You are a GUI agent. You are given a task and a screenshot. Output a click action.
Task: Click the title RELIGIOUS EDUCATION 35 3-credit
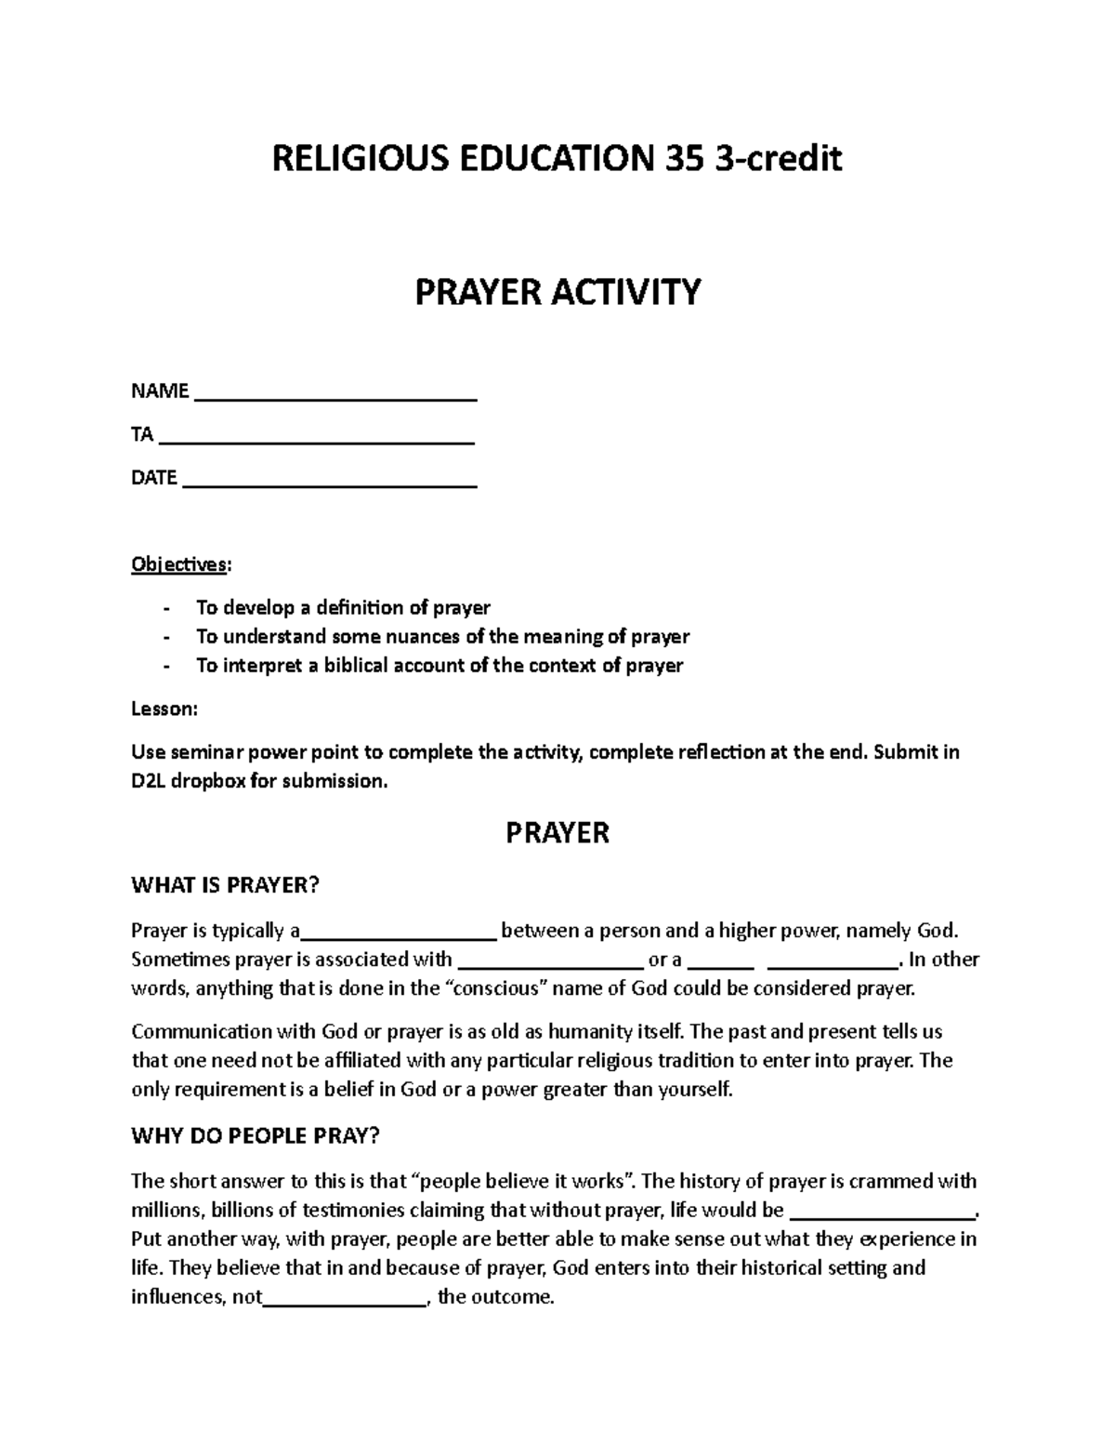click(557, 159)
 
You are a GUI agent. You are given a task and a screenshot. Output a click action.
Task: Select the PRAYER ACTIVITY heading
click(557, 292)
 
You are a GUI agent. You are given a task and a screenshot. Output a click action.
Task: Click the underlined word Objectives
click(177, 564)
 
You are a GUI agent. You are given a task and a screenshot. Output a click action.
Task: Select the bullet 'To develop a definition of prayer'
click(343, 608)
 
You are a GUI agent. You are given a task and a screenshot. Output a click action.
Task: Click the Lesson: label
click(164, 709)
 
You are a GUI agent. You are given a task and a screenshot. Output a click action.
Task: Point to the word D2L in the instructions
click(150, 781)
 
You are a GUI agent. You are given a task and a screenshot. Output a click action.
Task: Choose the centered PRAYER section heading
click(557, 832)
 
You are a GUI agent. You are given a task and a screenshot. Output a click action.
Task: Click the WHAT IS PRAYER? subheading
click(225, 885)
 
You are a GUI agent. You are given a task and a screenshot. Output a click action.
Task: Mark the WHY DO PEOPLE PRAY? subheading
click(256, 1136)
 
